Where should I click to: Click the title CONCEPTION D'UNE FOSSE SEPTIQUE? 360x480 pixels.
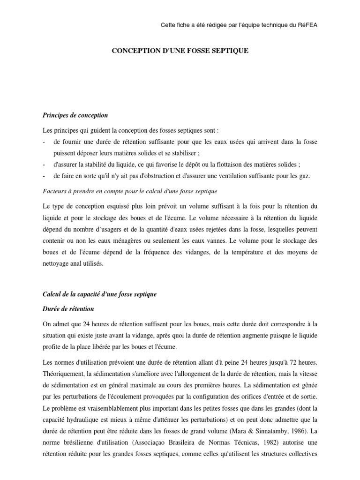[x=180, y=50]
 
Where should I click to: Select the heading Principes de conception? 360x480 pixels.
[x=75, y=115]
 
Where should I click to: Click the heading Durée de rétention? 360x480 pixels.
[x=68, y=309]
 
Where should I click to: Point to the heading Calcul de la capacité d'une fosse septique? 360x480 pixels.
[x=99, y=294]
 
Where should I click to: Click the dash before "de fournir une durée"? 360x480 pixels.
[x=44, y=141]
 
